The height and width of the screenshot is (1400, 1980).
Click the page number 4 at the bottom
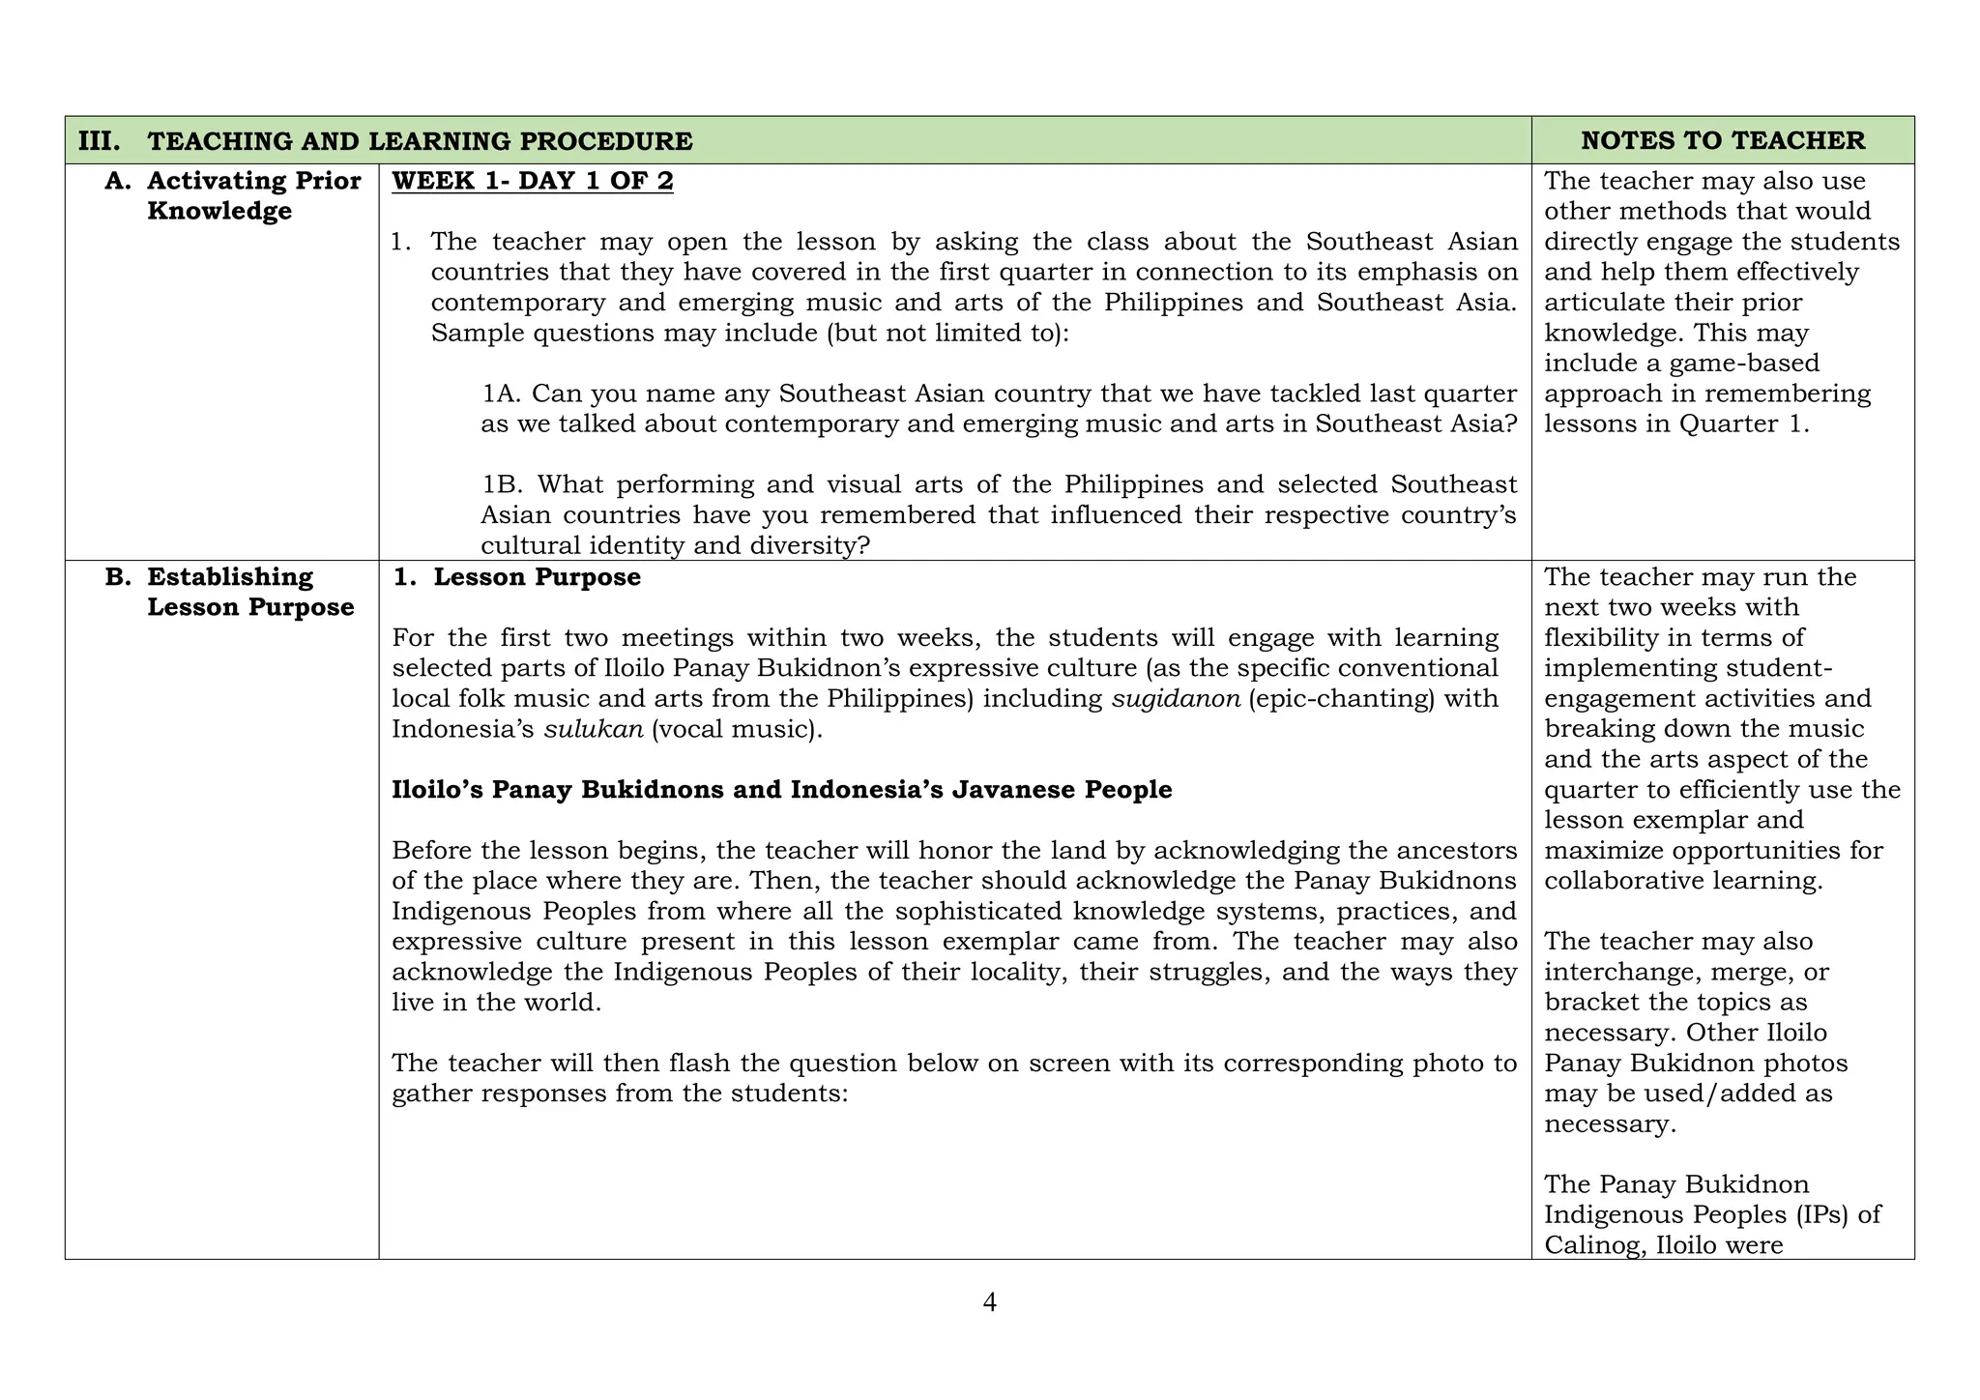point(989,1303)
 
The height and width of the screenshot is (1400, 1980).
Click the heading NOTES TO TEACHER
point(1723,141)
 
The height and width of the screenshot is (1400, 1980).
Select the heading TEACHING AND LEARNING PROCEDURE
point(420,141)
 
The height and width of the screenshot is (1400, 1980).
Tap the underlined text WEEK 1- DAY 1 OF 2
point(533,182)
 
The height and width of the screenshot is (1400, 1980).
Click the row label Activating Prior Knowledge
point(253,196)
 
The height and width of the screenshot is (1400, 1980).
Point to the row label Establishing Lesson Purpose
point(249,592)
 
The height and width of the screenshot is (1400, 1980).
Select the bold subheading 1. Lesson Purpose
point(517,577)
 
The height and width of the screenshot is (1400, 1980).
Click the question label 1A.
point(502,394)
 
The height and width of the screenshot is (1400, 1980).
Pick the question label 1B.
point(502,484)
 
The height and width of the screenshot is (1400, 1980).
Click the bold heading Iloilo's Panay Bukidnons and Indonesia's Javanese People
point(781,790)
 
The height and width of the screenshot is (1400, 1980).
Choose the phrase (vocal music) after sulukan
point(736,729)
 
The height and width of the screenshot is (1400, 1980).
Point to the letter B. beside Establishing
point(118,577)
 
